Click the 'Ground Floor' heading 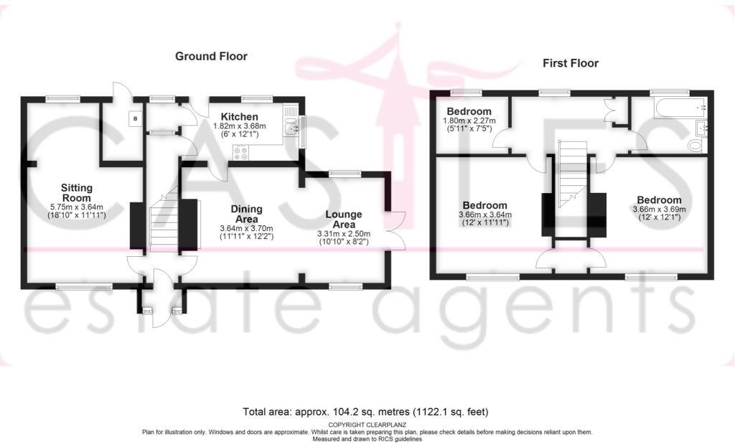point(211,56)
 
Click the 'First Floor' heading point(570,63)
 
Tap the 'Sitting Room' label point(75,193)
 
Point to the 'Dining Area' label point(245,214)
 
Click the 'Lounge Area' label point(343,220)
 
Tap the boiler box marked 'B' point(134,118)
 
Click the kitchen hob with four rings point(240,152)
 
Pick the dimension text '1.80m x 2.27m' point(468,121)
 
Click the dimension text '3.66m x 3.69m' point(658,210)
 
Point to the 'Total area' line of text point(366,412)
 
